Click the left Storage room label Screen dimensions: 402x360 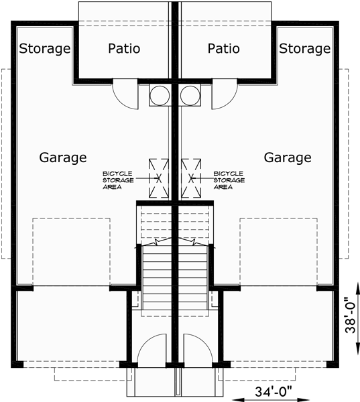point(45,49)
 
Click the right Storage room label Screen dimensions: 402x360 point(305,49)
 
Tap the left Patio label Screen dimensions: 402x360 point(124,49)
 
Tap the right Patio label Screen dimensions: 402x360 point(224,49)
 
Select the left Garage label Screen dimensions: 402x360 point(62,158)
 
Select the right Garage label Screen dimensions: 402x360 point(287,158)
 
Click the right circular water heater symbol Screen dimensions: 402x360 point(190,95)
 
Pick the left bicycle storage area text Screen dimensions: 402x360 point(117,180)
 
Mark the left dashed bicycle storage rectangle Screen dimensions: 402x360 point(158,178)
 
